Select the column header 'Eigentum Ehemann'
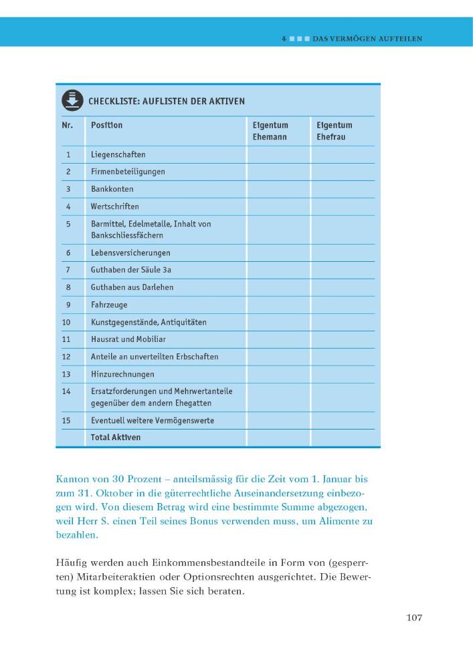pyautogui.click(x=270, y=131)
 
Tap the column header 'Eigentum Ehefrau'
pyautogui.click(x=334, y=131)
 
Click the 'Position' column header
pyautogui.click(x=107, y=125)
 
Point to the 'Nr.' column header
pyautogui.click(x=68, y=125)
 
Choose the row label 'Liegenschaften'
pyautogui.click(x=118, y=154)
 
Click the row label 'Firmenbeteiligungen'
pyautogui.click(x=128, y=172)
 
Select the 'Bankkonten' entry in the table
pyautogui.click(x=112, y=189)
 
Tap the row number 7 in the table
pyautogui.click(x=68, y=270)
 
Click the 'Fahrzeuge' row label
pyautogui.click(x=109, y=305)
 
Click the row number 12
pyautogui.click(x=67, y=357)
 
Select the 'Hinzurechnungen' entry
pyautogui.click(x=122, y=374)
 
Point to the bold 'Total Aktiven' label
pyautogui.click(x=116, y=438)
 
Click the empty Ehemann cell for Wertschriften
pyautogui.click(x=278, y=206)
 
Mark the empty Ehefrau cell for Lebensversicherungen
pyautogui.click(x=343, y=253)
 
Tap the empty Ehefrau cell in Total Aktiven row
pyautogui.click(x=343, y=438)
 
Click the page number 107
pyautogui.click(x=414, y=617)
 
